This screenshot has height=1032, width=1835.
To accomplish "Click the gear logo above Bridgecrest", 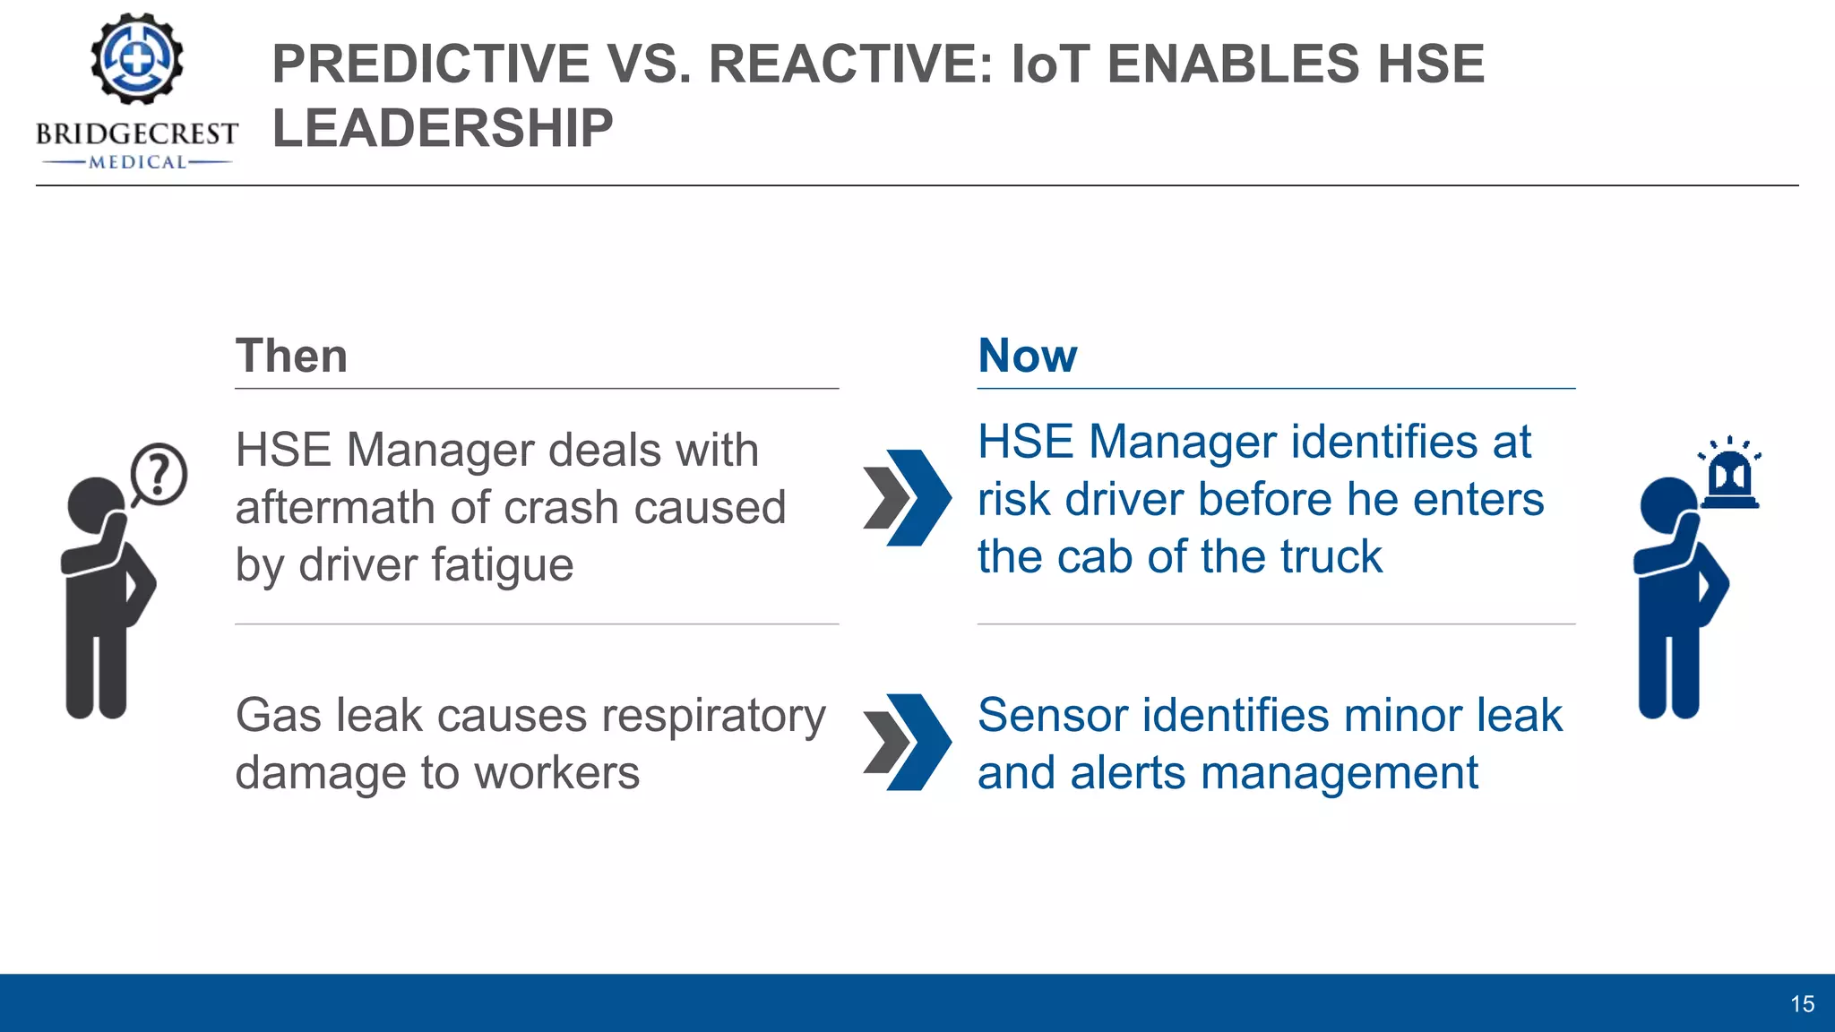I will pos(136,59).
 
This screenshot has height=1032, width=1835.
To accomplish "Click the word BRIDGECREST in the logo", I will pos(136,134).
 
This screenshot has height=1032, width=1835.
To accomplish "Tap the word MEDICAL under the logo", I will pos(137,162).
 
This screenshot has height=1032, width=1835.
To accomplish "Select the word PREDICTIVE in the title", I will pos(430,64).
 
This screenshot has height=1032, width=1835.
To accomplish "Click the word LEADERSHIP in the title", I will pos(443,128).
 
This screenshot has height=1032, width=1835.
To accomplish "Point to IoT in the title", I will pos(1050,64).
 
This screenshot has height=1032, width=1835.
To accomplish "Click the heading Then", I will pos(291,356).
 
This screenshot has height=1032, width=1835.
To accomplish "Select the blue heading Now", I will pos(1027,356).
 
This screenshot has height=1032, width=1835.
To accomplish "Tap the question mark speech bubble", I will pos(159,474).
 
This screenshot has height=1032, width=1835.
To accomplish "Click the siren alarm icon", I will pos(1729,475).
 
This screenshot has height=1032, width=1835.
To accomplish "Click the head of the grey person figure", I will pos(94,503).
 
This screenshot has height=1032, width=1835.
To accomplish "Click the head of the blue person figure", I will pos(1667,503).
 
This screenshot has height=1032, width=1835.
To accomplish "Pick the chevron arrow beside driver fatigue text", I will pos(907,498).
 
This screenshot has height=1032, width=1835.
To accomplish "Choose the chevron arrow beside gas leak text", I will pos(907,742).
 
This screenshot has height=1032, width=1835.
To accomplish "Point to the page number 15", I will pos(1802,1004).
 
